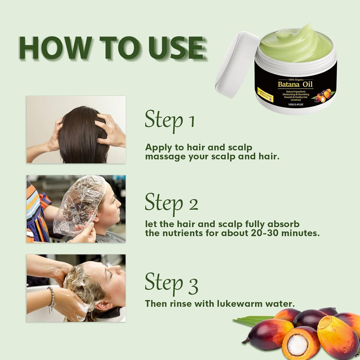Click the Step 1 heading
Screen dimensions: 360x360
coord(170,120)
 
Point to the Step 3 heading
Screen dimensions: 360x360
coord(172,283)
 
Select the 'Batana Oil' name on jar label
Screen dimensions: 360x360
coord(295,84)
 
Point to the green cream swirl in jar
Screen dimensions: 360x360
coord(295,44)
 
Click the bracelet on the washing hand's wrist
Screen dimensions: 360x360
coord(51,298)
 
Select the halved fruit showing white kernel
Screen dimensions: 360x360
coord(298,344)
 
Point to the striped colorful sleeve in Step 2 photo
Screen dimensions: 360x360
coord(37,214)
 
